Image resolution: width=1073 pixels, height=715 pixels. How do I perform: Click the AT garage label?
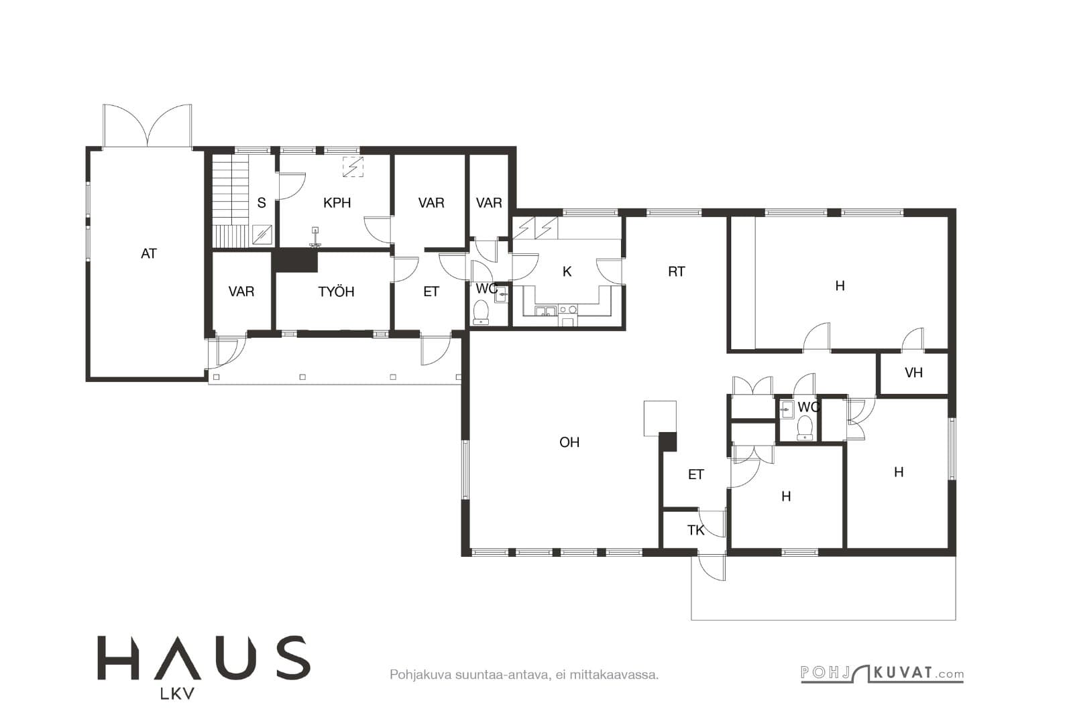point(148,254)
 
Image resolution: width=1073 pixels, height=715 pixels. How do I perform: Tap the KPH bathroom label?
point(337,203)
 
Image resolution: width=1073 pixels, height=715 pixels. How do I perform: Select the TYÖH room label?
point(336,291)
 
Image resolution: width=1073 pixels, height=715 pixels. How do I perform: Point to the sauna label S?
point(262,203)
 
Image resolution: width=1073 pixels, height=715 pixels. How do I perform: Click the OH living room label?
point(569,442)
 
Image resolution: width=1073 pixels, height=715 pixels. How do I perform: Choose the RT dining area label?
point(677,272)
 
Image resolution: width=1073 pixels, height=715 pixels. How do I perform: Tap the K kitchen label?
point(567,272)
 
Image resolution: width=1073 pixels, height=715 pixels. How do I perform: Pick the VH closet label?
point(913,373)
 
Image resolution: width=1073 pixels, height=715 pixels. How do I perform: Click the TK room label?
point(696,530)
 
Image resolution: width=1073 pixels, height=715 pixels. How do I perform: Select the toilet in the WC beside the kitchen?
point(480,312)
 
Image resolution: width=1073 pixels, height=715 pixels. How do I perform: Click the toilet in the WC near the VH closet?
point(805,428)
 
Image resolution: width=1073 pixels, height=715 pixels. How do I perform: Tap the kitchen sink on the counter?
point(546,311)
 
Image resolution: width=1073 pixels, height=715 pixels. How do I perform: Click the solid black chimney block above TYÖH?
point(295,261)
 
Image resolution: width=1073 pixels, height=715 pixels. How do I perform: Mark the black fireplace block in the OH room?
point(668,441)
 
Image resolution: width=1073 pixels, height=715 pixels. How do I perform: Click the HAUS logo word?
point(204,657)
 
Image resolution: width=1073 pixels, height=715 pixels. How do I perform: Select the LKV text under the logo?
point(177,694)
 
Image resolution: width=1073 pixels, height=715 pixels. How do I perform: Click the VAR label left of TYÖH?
point(241,291)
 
